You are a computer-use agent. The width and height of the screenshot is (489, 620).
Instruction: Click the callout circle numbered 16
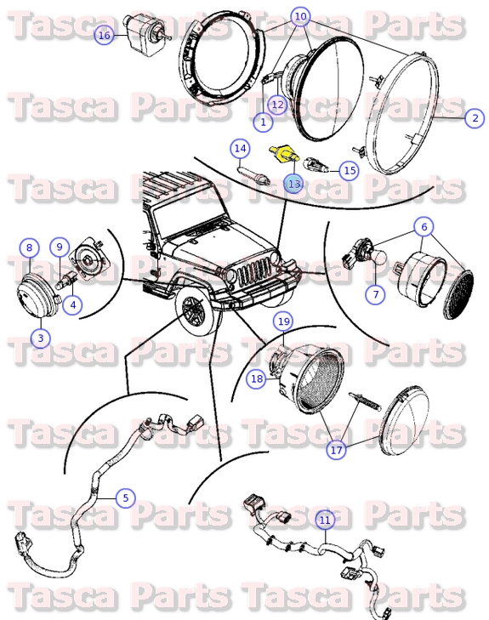(x=104, y=35)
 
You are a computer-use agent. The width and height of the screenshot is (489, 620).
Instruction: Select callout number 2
(x=475, y=117)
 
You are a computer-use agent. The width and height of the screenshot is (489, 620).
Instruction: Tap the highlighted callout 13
(x=294, y=184)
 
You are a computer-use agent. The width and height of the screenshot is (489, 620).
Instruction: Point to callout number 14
(x=241, y=148)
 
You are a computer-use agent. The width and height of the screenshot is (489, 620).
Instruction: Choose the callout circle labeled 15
(x=350, y=170)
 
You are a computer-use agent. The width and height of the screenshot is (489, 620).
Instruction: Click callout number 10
(x=301, y=16)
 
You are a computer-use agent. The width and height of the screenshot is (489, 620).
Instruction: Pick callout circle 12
(x=278, y=105)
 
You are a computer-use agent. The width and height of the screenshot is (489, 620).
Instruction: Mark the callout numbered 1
(x=264, y=122)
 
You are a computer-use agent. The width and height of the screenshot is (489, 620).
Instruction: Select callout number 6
(x=424, y=226)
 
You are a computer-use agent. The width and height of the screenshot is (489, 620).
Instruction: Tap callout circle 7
(x=376, y=294)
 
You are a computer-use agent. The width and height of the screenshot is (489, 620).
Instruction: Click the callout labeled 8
(x=29, y=247)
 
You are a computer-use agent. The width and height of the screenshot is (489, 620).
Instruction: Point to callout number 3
(x=41, y=338)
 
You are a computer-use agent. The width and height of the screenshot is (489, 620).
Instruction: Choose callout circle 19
(x=284, y=321)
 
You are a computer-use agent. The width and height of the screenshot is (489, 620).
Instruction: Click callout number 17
(x=336, y=450)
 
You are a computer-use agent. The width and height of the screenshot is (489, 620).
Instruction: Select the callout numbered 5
(x=126, y=498)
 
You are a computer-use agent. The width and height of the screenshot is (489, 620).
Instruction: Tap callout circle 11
(x=325, y=520)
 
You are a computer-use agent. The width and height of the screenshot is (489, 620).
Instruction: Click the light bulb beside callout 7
(x=378, y=259)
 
